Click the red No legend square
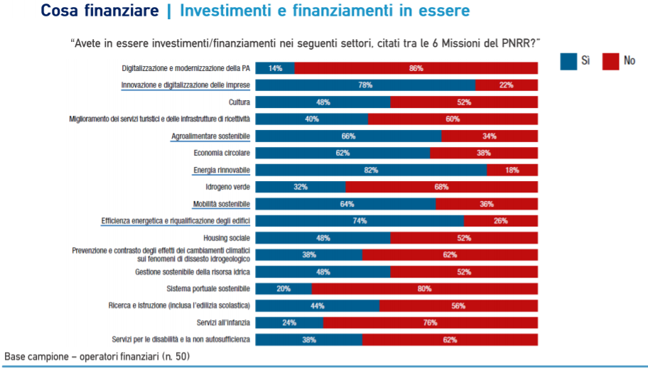(610, 62)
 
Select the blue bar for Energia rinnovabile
(371, 170)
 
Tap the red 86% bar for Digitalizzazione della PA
(416, 68)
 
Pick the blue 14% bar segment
(275, 68)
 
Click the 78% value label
(365, 85)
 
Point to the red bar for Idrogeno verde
(441, 187)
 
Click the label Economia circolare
(221, 153)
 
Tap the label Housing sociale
(226, 238)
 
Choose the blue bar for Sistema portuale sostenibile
(283, 289)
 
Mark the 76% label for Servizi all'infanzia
(430, 323)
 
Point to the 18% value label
(512, 170)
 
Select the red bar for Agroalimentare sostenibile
(490, 136)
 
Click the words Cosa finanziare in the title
(99, 11)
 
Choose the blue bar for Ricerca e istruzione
(317, 306)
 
